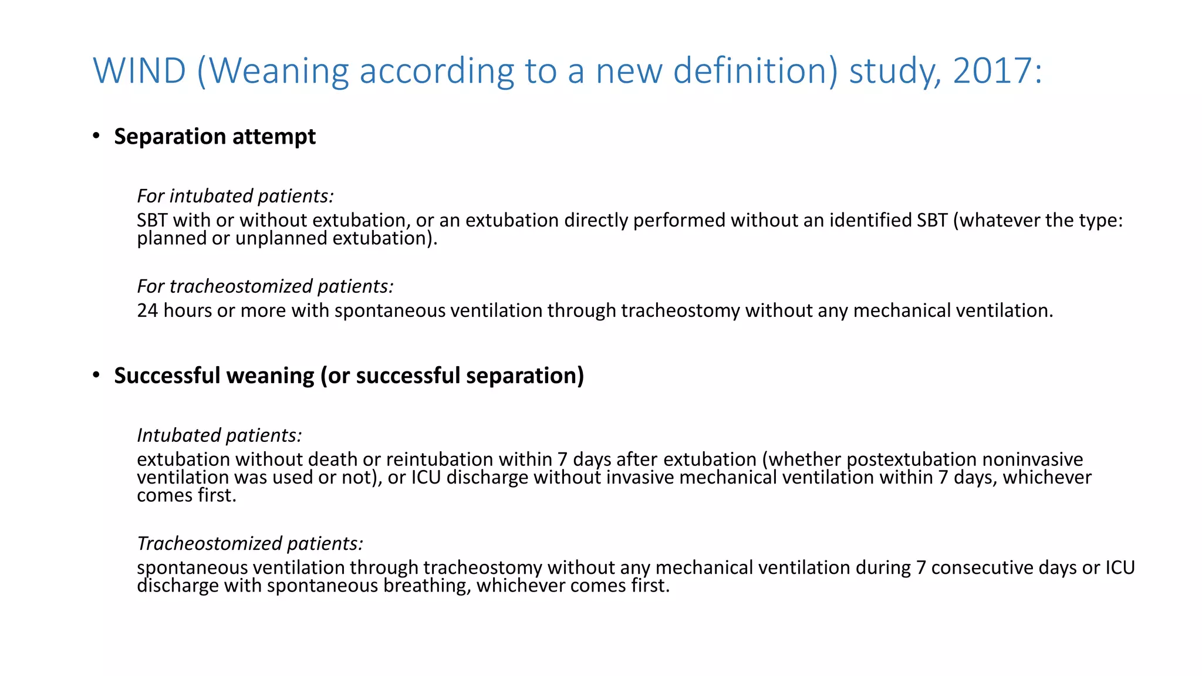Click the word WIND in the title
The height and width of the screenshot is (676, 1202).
(140, 71)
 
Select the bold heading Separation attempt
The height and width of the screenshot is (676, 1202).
(215, 137)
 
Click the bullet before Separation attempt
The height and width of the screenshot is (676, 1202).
(96, 136)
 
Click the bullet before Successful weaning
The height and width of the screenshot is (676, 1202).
(96, 376)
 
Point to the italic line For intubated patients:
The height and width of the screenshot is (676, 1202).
(235, 196)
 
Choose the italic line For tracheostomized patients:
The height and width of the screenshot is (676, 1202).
(265, 286)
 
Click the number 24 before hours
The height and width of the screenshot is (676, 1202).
(147, 310)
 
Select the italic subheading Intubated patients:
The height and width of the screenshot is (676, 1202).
(219, 435)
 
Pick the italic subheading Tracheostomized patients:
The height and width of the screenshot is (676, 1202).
(249, 544)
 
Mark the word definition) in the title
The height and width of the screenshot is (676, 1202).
(755, 71)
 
